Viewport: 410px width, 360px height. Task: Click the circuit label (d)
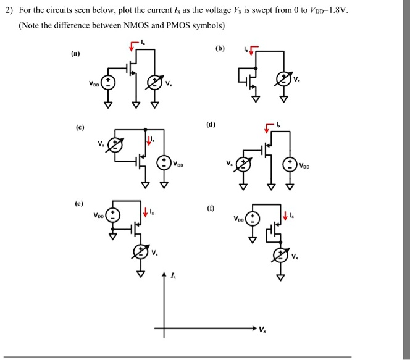[x=212, y=123]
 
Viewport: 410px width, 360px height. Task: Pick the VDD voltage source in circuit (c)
[x=164, y=163]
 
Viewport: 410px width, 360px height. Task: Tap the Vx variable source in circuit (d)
[x=244, y=165]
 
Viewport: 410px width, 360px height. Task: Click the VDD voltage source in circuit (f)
[x=252, y=219]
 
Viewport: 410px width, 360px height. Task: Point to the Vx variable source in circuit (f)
[x=282, y=256]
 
